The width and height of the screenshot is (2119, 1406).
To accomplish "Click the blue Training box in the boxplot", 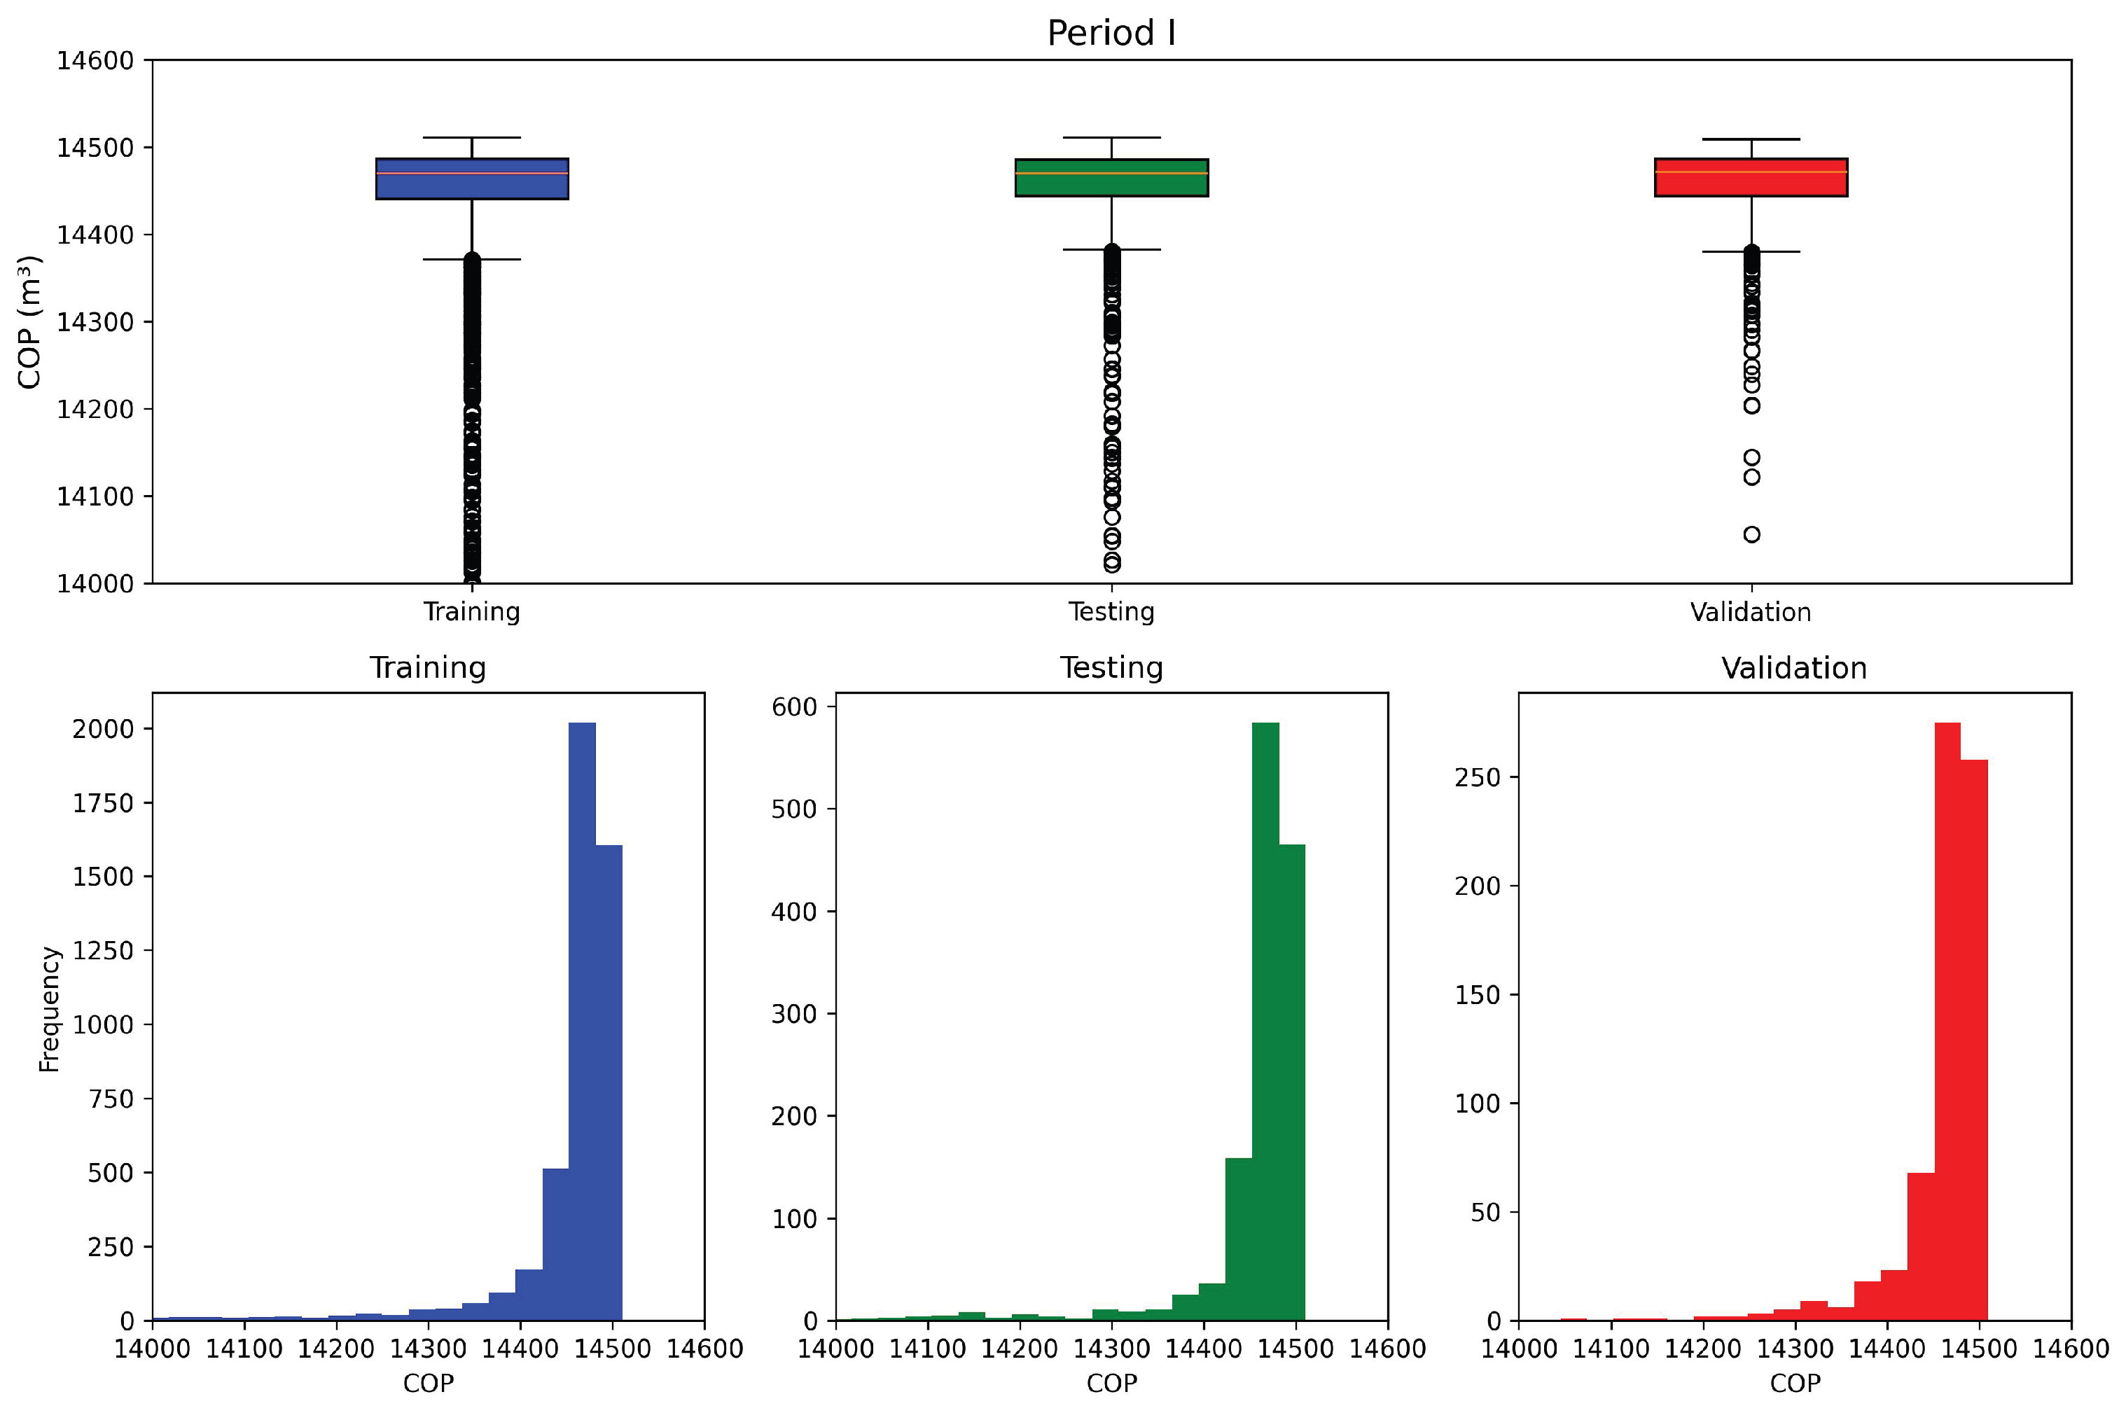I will pyautogui.click(x=472, y=179).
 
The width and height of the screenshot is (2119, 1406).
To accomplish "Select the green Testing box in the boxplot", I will pyautogui.click(x=1111, y=178).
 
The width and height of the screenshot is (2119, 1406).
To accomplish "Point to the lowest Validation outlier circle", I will pyautogui.click(x=1751, y=534).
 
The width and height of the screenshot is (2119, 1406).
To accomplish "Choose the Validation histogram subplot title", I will pyautogui.click(x=1793, y=668).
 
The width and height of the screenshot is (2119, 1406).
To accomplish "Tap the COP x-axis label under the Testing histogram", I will pyautogui.click(x=1111, y=1383).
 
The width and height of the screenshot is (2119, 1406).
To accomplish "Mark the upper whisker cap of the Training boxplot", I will pyautogui.click(x=472, y=137).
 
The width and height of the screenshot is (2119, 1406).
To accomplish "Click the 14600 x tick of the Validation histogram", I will pyautogui.click(x=2071, y=1348).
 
